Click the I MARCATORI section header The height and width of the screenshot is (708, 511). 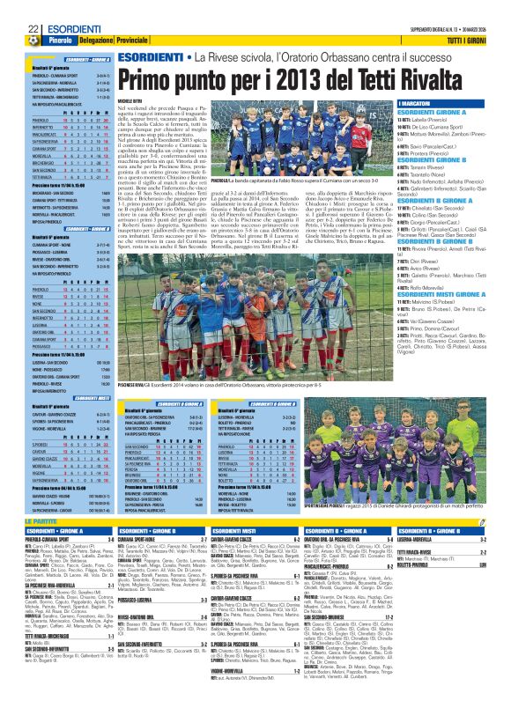[x=418, y=103]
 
